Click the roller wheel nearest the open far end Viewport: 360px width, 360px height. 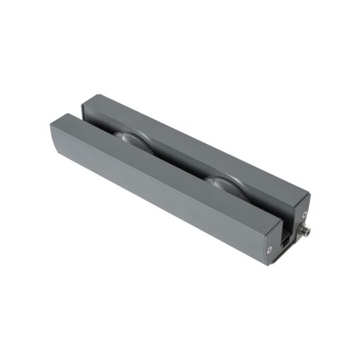[x=131, y=140]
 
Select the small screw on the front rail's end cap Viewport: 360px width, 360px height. [x=270, y=248]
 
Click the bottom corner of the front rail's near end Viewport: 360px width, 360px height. [x=266, y=265]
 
